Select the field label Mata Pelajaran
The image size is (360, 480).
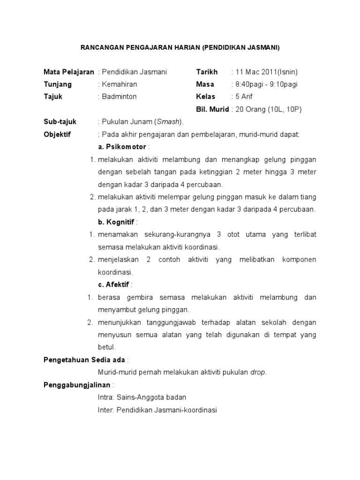pos(68,72)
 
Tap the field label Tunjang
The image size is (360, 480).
pos(58,84)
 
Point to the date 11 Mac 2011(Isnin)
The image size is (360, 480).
pos(267,72)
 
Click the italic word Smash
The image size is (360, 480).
pos(167,122)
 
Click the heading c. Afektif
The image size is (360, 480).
pos(115,285)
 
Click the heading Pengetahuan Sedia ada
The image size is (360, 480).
pos(85,360)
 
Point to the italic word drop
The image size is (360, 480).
pos(258,372)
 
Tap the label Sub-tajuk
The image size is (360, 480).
pos(60,122)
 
